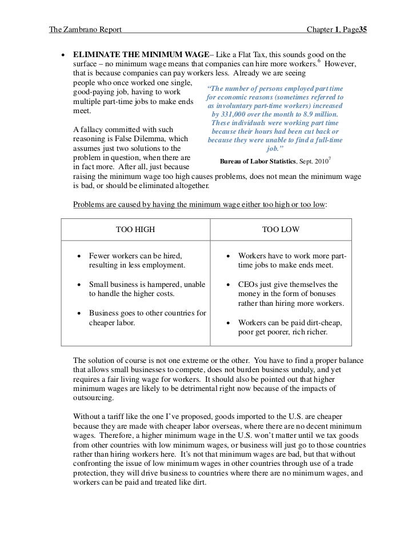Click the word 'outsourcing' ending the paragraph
[x=94, y=398]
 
